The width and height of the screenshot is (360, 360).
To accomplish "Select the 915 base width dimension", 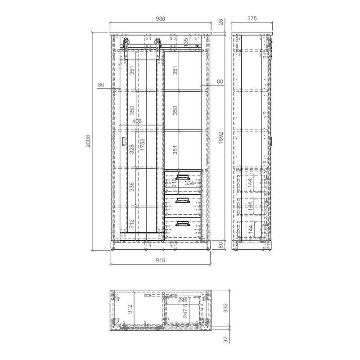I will (161, 260).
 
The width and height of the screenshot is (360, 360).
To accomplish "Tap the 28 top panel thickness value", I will (221, 22).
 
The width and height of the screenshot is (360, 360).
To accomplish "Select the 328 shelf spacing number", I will (132, 149).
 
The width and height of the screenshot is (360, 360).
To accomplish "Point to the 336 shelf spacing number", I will (132, 186).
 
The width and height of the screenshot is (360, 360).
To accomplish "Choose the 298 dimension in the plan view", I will (183, 300).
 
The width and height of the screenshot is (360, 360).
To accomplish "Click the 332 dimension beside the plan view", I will (226, 308).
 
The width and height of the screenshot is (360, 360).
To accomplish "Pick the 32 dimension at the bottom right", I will (226, 341).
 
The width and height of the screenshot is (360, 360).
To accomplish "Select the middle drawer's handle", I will (183, 201).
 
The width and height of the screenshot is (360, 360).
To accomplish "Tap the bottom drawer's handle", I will (182, 223).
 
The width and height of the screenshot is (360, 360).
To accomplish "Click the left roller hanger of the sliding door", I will (126, 43).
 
